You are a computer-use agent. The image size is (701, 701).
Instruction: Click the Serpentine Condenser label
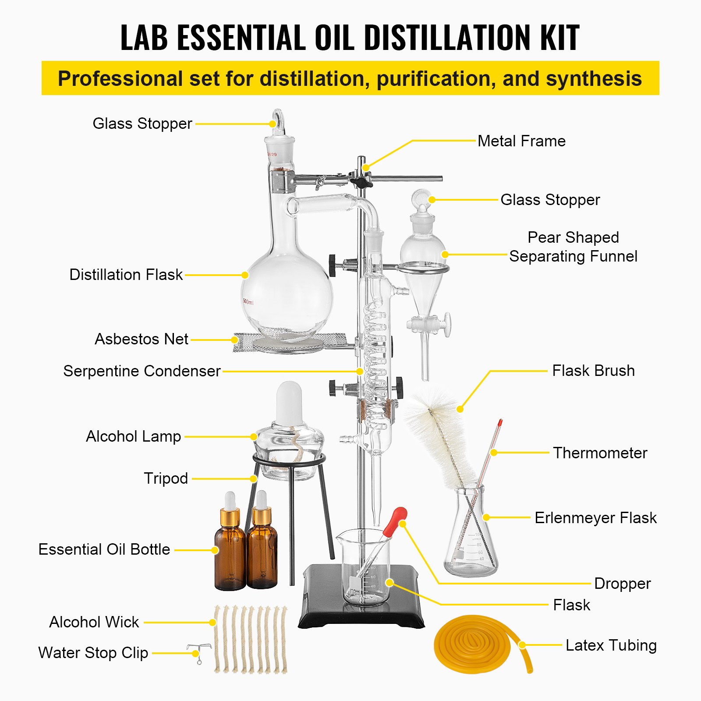(142, 371)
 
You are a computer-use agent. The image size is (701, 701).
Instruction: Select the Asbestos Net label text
(142, 339)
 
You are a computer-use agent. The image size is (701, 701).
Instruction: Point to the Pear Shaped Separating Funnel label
(573, 247)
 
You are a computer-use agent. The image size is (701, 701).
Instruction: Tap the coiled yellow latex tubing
(473, 644)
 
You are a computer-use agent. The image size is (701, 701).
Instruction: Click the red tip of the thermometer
(500, 423)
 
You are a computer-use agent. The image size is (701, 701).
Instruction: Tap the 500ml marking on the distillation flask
(248, 301)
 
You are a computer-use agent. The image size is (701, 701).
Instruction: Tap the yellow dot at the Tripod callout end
(254, 479)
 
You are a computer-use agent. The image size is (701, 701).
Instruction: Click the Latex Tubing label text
(611, 645)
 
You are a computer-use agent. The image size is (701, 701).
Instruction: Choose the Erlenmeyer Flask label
(595, 518)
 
